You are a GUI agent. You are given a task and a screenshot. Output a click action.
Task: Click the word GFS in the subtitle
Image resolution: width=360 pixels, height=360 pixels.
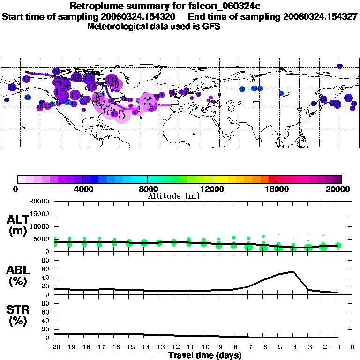point(211,27)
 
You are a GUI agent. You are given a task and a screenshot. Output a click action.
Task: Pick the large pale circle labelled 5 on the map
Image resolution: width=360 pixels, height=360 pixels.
point(121,112)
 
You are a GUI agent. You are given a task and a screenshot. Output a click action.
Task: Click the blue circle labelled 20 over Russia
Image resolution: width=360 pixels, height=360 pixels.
point(242,89)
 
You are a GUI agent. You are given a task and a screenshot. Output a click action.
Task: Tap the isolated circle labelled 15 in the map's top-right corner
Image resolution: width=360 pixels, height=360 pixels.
point(339,66)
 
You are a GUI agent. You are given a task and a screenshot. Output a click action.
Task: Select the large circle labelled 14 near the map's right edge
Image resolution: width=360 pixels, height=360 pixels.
point(348,98)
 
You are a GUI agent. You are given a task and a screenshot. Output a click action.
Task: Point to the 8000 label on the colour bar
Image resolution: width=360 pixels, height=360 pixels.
point(147,189)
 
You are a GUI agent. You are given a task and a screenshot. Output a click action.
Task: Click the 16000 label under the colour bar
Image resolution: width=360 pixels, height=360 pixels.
point(277,189)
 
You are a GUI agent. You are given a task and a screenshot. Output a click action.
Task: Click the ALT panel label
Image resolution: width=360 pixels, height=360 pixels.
point(18,225)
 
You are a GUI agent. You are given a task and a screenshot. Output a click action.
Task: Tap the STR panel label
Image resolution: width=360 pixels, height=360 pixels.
point(18,315)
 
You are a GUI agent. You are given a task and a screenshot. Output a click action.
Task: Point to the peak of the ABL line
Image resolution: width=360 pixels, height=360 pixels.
point(293,271)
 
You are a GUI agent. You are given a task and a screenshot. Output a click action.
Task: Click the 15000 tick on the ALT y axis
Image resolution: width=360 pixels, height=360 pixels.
point(40,214)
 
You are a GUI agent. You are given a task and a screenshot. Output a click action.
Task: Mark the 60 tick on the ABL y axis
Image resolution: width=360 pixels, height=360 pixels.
point(46,270)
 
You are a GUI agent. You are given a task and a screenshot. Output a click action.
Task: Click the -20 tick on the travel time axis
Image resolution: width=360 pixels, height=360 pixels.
point(54,347)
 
